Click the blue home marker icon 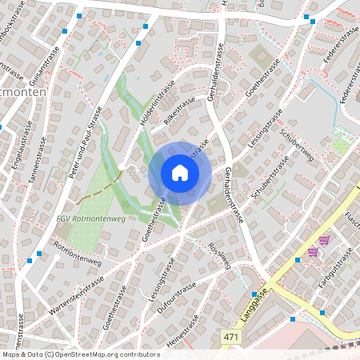tap(180, 173)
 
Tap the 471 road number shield tap(232, 338)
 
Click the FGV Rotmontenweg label tap(91, 218)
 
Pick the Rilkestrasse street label tap(180, 114)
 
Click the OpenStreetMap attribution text tap(80, 354)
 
